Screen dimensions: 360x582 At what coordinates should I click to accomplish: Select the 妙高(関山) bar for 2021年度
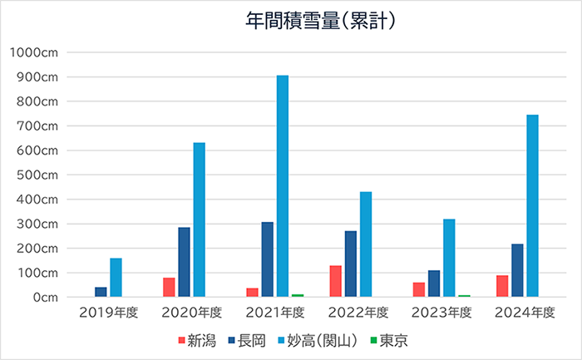coord(283,186)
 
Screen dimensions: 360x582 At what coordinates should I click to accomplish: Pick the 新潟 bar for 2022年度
coord(335,281)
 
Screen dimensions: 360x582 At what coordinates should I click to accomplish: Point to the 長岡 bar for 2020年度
coord(184,262)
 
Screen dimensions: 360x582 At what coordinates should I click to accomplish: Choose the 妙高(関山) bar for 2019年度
coord(116,277)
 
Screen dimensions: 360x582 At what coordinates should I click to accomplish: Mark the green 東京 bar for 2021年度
coord(298,295)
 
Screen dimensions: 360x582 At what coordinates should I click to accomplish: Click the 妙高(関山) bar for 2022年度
coord(366,244)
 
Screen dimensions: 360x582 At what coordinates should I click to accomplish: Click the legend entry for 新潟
coord(197,340)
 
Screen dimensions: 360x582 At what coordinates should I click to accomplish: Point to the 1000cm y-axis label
coord(33,52)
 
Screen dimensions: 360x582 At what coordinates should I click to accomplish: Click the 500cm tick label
coord(37,175)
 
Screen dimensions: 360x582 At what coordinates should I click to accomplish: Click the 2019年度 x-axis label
coord(109,313)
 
